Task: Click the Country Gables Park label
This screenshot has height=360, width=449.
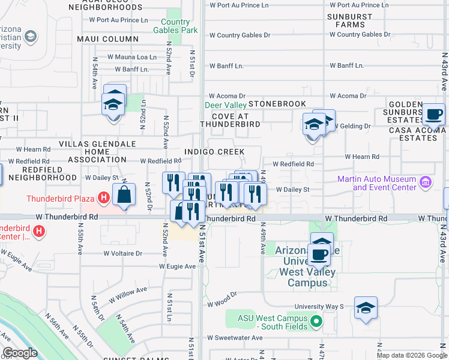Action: coord(175,25)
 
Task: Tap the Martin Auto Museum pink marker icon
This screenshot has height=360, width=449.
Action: coord(425,181)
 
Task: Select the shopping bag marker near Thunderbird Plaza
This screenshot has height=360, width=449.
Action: coord(124,196)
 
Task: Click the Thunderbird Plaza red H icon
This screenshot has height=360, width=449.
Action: coord(104,196)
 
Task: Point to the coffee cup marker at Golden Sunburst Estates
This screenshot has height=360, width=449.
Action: coord(433,113)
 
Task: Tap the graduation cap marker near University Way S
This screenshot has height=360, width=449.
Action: coord(366,308)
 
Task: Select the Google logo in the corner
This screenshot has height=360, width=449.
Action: coord(20,353)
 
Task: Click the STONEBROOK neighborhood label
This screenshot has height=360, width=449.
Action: coord(277,104)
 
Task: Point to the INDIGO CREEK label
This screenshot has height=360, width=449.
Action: coord(215,152)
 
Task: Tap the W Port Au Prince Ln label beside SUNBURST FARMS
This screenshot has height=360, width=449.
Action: coord(358,5)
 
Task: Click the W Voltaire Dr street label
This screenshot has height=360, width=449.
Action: coord(122,253)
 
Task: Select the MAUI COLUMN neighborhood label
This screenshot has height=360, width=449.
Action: coord(108,39)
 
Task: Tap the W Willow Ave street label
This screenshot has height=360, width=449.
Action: coord(128,294)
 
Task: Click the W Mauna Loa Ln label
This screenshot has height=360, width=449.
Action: coord(132,57)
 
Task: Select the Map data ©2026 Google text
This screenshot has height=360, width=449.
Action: coord(411,355)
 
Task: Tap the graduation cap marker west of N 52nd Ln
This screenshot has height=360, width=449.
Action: coord(114,104)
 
